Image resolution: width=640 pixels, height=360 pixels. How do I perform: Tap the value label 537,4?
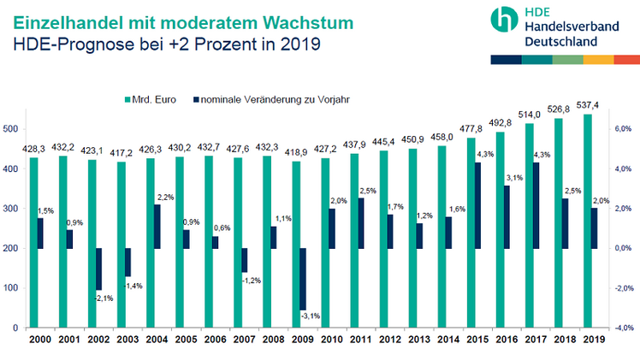pyautogui.click(x=586, y=105)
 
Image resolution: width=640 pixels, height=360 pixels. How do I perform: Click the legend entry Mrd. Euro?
pyautogui.click(x=155, y=98)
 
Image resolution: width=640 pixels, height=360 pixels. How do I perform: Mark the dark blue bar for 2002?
pyautogui.click(x=98, y=269)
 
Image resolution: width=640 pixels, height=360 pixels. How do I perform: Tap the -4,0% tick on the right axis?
pyautogui.click(x=623, y=328)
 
